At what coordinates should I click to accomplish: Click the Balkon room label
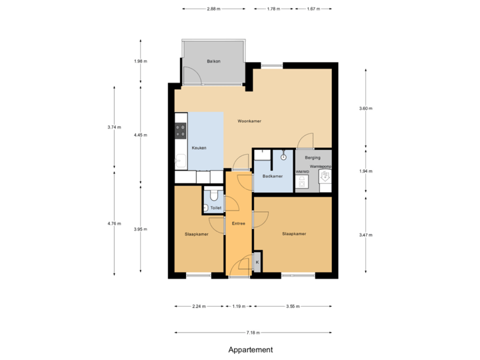click(x=213, y=61)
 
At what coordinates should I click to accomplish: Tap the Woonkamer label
click(x=249, y=121)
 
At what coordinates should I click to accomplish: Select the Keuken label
click(x=199, y=148)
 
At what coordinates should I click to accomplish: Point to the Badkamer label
click(x=273, y=176)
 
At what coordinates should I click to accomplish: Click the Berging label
click(x=313, y=157)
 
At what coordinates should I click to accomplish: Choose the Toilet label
click(x=215, y=208)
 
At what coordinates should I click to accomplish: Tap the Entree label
click(x=239, y=223)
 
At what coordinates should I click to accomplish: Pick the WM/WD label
click(x=302, y=171)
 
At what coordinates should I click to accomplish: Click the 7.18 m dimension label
click(x=253, y=332)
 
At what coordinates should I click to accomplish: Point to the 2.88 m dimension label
click(x=213, y=9)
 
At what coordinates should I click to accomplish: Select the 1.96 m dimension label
click(x=140, y=61)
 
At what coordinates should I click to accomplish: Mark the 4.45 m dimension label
click(x=140, y=135)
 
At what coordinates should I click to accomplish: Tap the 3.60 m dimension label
click(x=366, y=108)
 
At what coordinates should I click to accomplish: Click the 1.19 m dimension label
click(x=239, y=307)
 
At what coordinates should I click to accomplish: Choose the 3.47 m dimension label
click(x=366, y=235)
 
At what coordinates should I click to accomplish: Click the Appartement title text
click(x=251, y=349)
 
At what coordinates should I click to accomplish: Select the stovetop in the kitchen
click(x=180, y=127)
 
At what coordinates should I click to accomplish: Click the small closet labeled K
click(x=257, y=262)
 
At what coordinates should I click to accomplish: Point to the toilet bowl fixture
click(x=212, y=195)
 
